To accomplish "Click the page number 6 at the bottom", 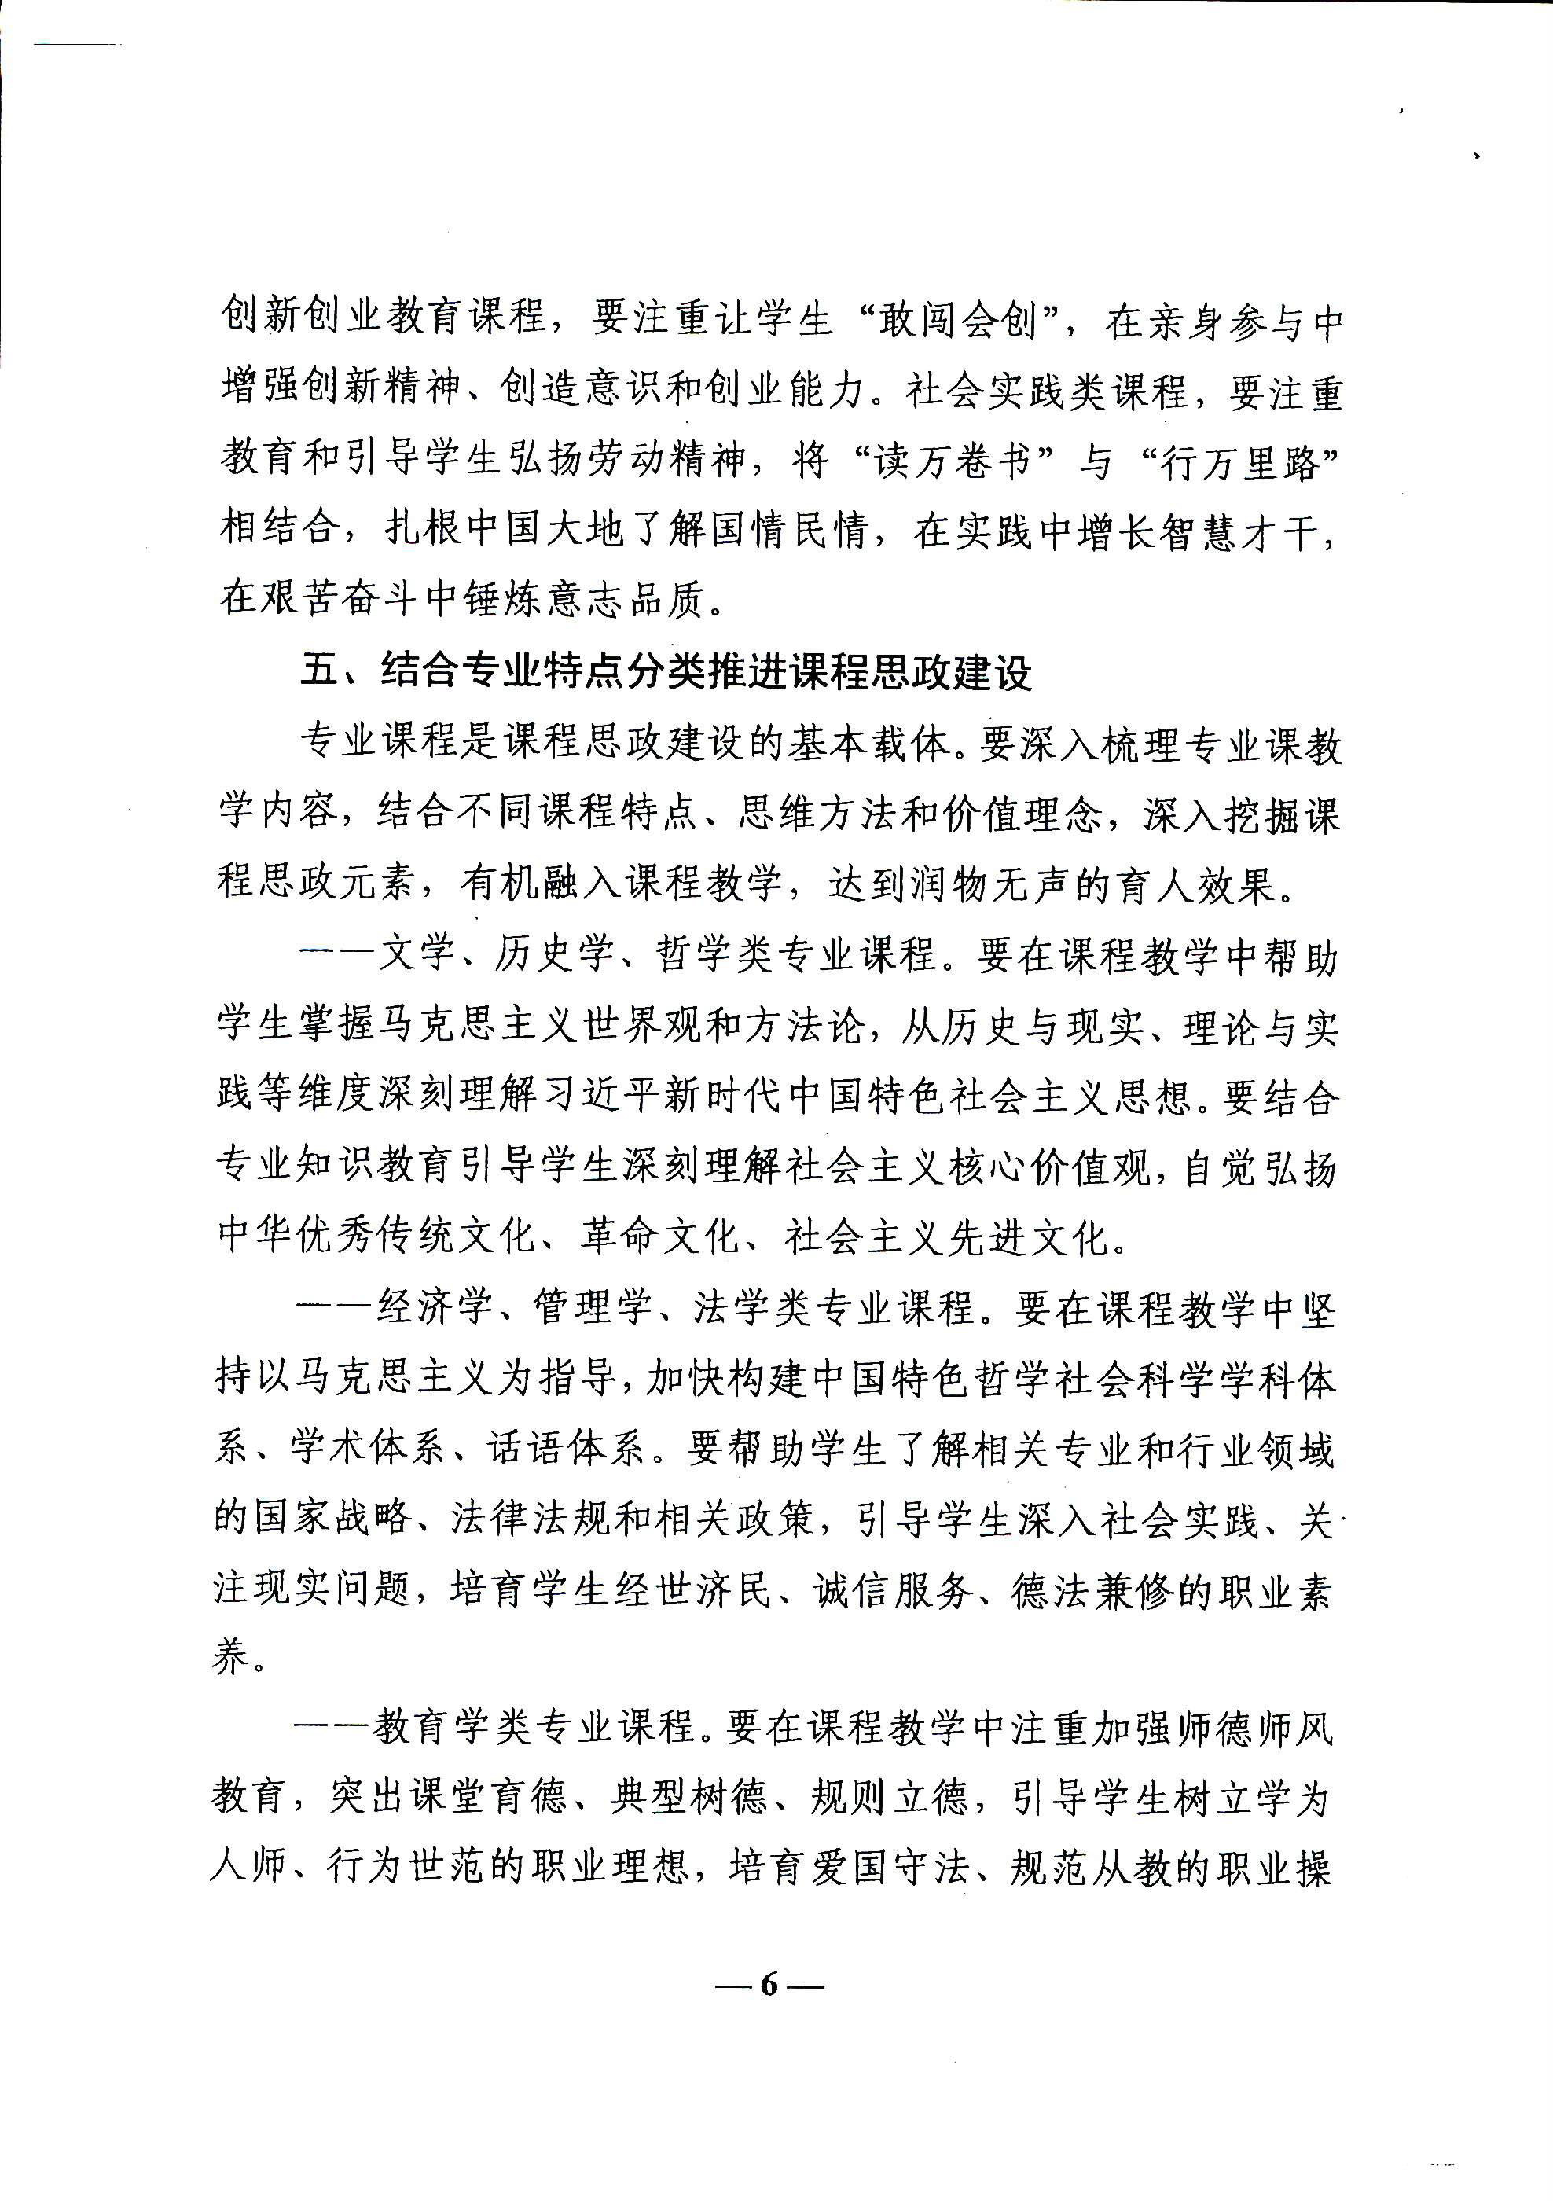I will [769, 1986].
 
